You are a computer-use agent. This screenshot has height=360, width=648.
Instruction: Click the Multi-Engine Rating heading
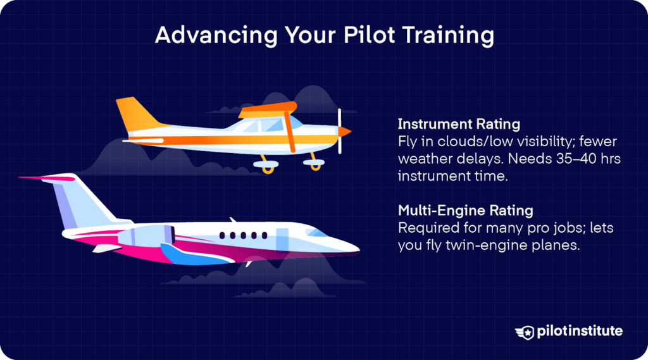pyautogui.click(x=465, y=210)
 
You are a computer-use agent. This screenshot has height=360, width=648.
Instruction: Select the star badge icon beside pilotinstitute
pyautogui.click(x=525, y=332)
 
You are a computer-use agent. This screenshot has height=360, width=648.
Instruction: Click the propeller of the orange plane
pyautogui.click(x=340, y=131)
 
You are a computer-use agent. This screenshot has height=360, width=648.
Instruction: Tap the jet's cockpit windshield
pyautogui.click(x=317, y=232)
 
